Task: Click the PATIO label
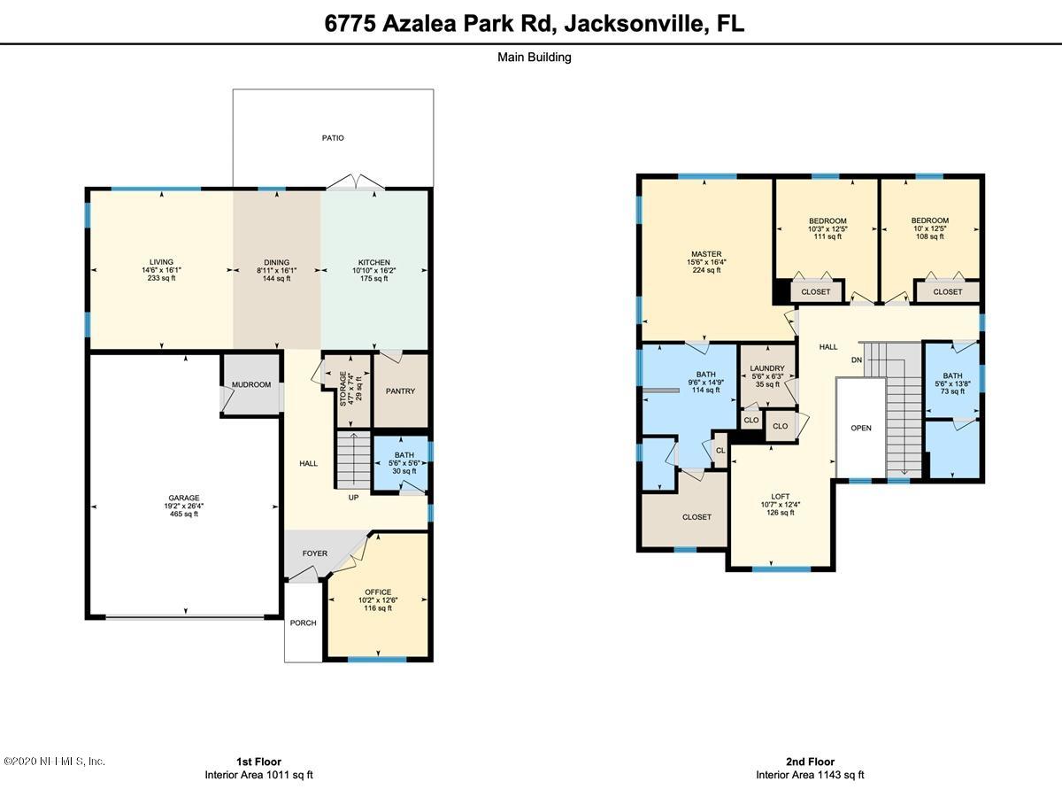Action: (333, 138)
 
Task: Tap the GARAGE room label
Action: (184, 498)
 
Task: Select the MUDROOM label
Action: (251, 384)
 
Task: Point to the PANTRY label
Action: (400, 391)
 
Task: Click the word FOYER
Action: (315, 553)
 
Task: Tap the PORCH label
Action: (303, 623)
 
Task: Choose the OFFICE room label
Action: (378, 592)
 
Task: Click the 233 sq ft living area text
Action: (161, 278)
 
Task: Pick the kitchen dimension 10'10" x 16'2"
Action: (374, 270)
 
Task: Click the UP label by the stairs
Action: (353, 498)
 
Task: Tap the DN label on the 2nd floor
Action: (857, 360)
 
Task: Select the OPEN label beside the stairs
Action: (861, 428)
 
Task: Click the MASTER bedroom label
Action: (706, 254)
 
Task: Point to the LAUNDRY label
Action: (767, 367)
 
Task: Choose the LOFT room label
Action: (781, 496)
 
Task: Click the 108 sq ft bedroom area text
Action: (930, 236)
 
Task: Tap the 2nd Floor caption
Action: (810, 762)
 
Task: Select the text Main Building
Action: (535, 57)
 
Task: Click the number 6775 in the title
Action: (350, 24)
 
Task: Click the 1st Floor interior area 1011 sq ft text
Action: (258, 775)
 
